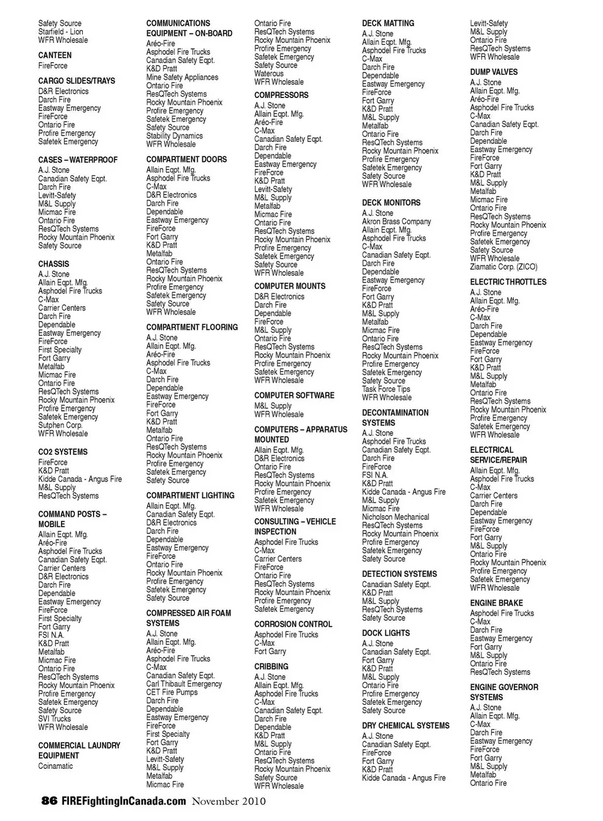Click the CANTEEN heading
coord(55,55)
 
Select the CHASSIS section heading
coord(53,264)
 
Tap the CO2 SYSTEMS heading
coord(63,452)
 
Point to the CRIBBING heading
coord(271,666)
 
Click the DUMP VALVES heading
coord(494,72)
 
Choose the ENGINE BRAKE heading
coord(496,603)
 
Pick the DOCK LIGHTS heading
coord(386,633)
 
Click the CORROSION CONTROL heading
coord(293,624)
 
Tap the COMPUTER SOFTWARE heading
coord(294,396)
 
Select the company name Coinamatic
coord(55,766)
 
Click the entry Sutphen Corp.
coord(60,425)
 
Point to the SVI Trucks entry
coord(55,719)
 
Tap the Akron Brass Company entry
coord(396,222)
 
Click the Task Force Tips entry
coord(386,389)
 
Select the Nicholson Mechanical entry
coord(395,517)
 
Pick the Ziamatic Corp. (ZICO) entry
coord(504,267)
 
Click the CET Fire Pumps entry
coord(171,692)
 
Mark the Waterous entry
coord(269,73)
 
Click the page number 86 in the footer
coord(49,801)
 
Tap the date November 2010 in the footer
coord(229,802)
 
